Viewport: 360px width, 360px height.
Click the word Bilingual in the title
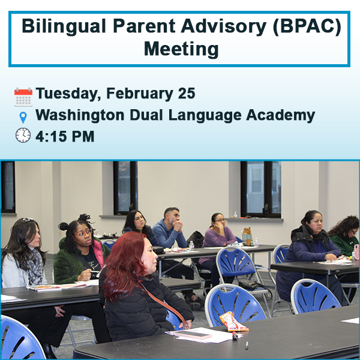tap(64, 26)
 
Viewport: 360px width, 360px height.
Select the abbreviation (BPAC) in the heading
tap(307, 26)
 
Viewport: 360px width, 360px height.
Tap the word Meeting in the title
tap(181, 49)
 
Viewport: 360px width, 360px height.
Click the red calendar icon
tap(23, 97)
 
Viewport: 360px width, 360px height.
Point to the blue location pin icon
tap(23, 118)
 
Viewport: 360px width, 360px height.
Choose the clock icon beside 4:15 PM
tap(23, 135)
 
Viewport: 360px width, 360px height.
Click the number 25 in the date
tap(187, 93)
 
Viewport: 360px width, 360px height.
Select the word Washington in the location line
tap(80, 115)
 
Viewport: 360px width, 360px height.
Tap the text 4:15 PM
tap(65, 136)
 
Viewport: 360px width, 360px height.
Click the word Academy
tap(281, 115)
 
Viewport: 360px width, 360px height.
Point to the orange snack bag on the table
tap(233, 322)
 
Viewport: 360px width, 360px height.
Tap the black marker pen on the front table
tap(247, 345)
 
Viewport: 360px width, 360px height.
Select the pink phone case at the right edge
tap(356, 252)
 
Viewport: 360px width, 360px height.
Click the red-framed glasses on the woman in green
tap(83, 233)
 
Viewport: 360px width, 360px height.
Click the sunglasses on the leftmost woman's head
tap(27, 220)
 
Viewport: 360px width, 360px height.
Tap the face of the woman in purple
tap(220, 221)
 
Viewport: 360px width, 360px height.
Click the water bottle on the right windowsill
tap(235, 214)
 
